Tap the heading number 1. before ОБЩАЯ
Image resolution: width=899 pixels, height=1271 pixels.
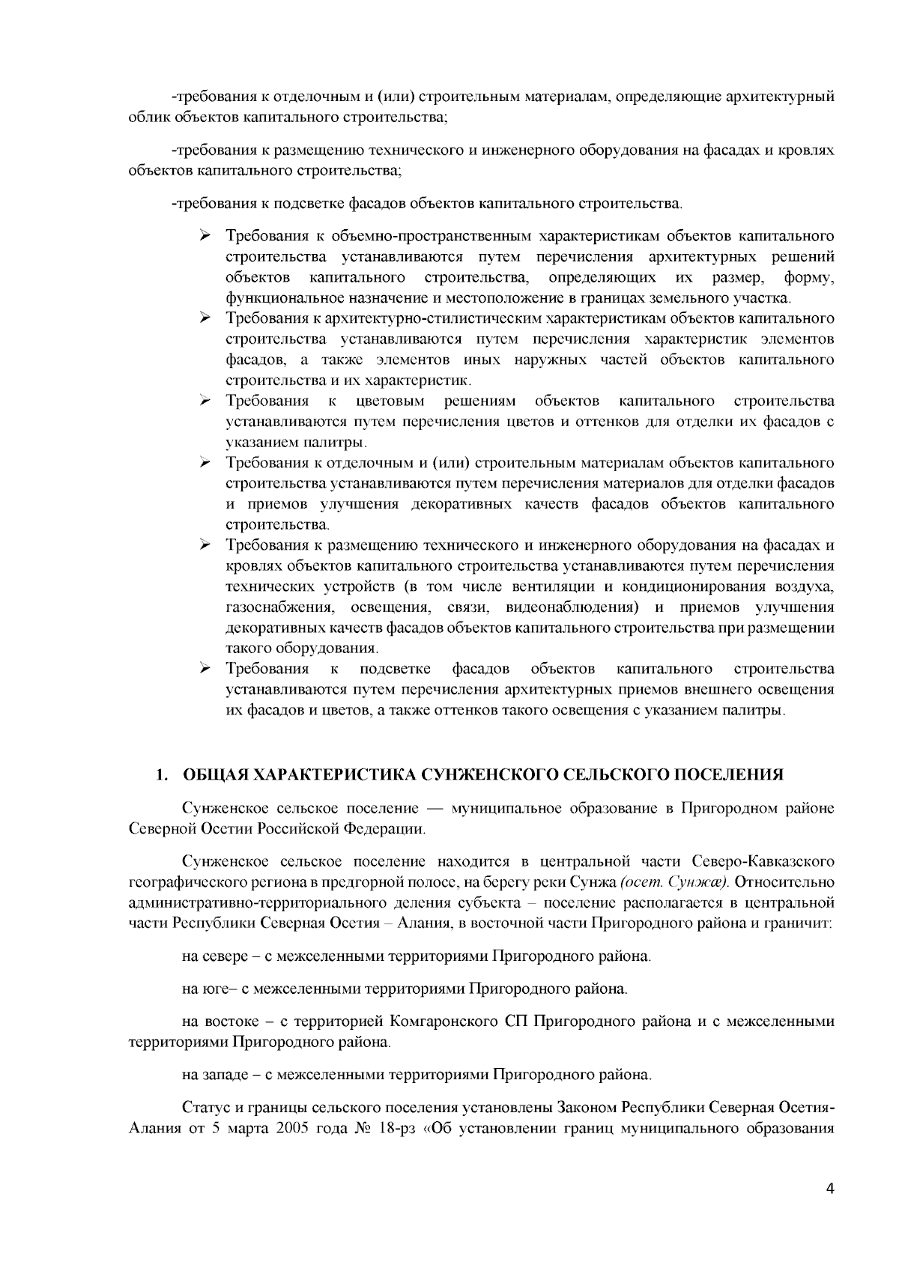point(160,774)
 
